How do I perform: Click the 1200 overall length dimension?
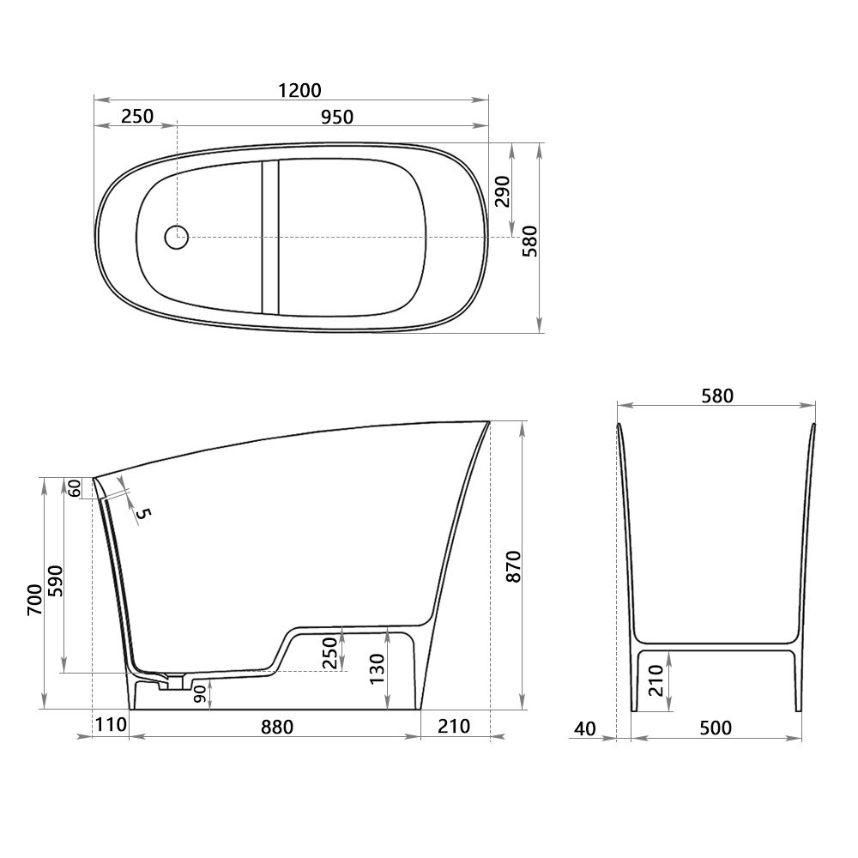299,90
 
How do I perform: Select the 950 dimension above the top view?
337,117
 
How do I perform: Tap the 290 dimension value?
502,191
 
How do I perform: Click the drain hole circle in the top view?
176,237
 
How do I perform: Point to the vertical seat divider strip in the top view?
270,238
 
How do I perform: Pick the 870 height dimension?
513,565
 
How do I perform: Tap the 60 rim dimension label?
75,487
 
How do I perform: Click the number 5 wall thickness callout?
143,514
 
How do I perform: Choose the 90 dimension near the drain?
199,694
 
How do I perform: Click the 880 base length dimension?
276,728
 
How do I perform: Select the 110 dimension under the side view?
111,726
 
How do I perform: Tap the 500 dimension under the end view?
716,728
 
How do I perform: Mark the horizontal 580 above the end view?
717,396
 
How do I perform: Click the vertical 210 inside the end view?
656,680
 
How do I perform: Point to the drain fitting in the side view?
176,682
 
